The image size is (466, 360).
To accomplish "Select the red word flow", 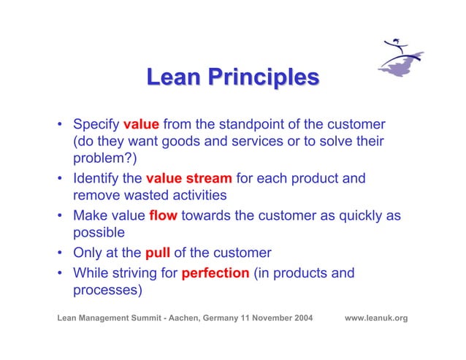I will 163,215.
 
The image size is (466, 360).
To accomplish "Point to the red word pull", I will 158,253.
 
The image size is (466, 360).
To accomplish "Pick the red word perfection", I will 215,274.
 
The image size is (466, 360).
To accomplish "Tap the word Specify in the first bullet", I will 97,123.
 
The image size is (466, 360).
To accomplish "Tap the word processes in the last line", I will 107,291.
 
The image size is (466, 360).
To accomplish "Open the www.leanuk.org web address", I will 375,318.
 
